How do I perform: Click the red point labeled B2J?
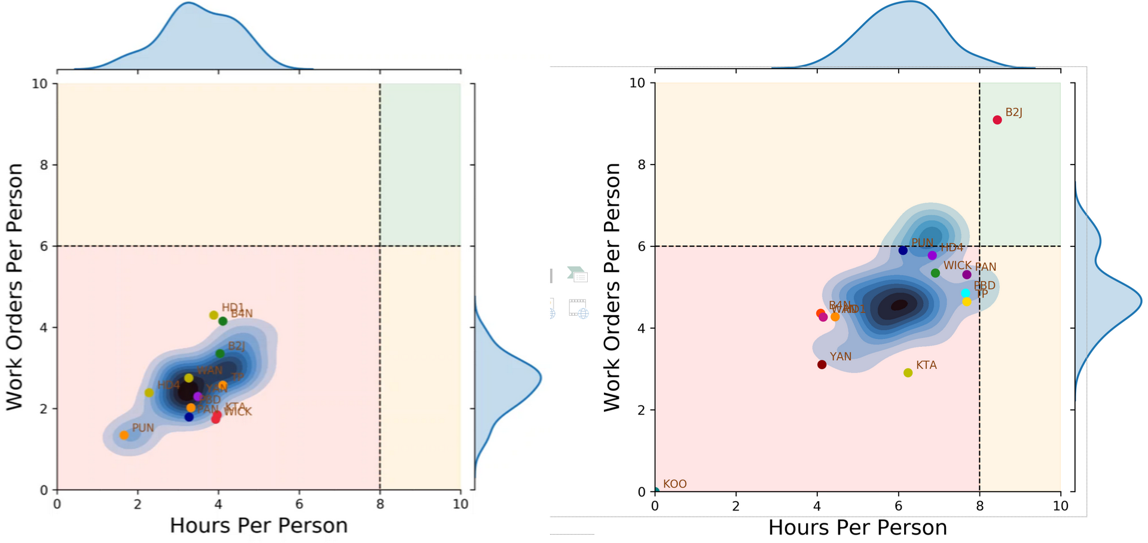tap(997, 120)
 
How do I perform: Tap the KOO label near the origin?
tap(674, 484)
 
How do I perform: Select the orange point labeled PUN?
tap(124, 435)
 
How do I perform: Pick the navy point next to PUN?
tap(903, 251)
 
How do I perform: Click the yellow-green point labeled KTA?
tap(908, 373)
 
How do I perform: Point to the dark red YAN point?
tap(822, 365)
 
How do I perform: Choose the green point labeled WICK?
tap(935, 273)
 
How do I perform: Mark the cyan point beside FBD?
tap(965, 293)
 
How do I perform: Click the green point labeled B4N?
tap(223, 321)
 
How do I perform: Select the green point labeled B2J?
tap(220, 353)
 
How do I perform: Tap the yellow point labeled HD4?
tap(149, 393)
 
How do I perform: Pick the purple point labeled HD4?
tap(932, 255)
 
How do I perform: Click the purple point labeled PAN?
tap(967, 274)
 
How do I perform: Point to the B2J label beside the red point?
tap(1013, 112)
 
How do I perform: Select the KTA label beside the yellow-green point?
tap(926, 365)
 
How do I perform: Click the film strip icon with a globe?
tap(578, 308)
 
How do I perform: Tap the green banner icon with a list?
tap(578, 274)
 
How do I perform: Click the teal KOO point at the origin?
tap(656, 491)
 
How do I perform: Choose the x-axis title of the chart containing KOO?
tap(857, 527)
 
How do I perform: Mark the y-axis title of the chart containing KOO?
tap(612, 287)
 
